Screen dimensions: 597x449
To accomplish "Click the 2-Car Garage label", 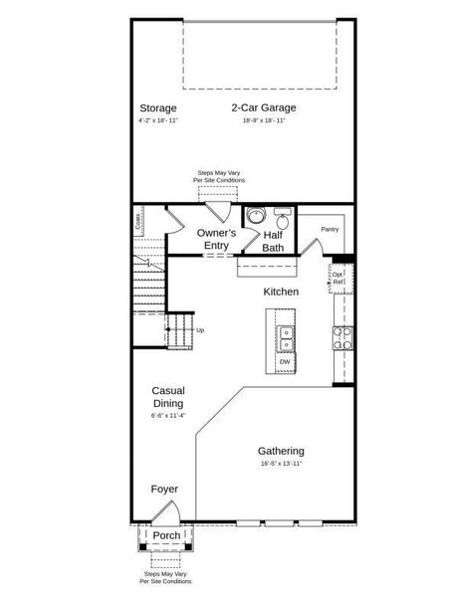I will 264,107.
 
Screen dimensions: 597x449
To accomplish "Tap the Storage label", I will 157,107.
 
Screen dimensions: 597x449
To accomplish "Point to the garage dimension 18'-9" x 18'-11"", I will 264,120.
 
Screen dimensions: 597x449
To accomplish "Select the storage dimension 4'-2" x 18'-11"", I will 157,120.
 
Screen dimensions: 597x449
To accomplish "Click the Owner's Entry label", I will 215,239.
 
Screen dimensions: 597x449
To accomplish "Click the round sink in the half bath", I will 255,216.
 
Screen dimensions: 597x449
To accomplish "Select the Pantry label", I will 331,230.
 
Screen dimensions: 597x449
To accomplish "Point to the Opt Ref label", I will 338,277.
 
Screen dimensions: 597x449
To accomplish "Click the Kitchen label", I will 281,293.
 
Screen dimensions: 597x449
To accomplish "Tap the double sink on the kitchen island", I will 286,339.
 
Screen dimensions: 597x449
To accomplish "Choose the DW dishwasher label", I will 285,361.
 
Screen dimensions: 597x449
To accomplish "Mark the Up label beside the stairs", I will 200,330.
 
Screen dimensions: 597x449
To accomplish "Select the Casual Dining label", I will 167,397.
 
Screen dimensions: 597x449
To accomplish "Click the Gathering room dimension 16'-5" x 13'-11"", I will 281,464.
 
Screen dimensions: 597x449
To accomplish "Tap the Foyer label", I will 164,490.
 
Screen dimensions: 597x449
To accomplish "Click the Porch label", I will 166,535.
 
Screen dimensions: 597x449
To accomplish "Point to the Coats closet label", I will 138,221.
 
